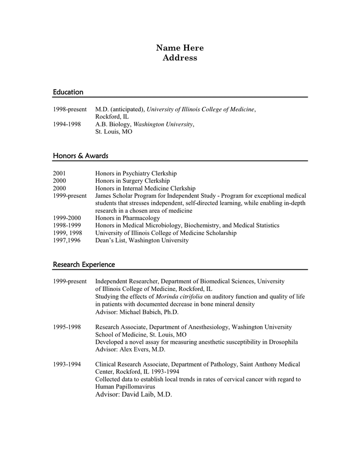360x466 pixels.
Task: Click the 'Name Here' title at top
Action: click(x=179, y=48)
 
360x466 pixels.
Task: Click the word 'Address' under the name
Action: click(x=179, y=58)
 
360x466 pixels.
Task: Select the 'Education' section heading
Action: click(x=68, y=92)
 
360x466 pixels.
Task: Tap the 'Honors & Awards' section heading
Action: click(x=80, y=156)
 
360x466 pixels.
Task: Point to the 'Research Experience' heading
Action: click(x=84, y=265)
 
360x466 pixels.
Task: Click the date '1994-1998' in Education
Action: click(x=67, y=124)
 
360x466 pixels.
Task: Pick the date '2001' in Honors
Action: click(x=59, y=173)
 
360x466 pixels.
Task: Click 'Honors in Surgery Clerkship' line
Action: click(x=132, y=181)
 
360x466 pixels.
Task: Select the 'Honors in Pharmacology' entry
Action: click(x=128, y=219)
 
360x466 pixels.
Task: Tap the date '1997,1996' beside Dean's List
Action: click(x=67, y=241)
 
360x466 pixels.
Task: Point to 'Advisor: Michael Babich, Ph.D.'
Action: click(x=137, y=312)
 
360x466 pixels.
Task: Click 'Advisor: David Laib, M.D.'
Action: click(x=133, y=395)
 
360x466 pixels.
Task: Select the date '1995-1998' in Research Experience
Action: click(x=67, y=327)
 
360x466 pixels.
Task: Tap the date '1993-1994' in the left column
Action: click(x=67, y=365)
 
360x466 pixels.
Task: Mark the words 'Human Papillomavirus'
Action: click(x=125, y=387)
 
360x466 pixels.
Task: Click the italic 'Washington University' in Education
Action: click(x=163, y=124)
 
